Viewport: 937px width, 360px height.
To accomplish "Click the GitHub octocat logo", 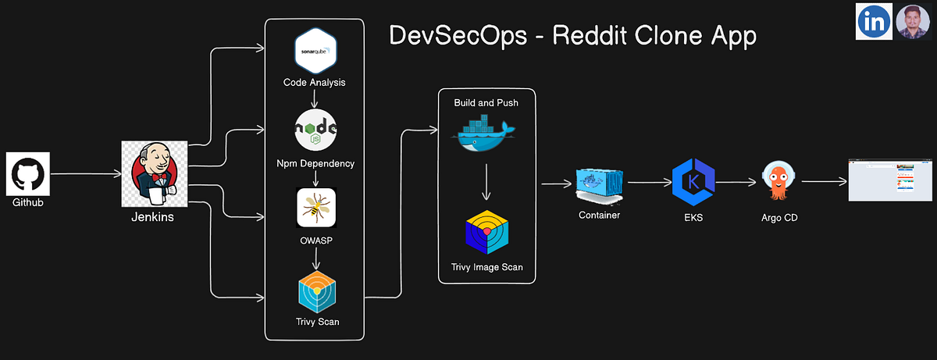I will (x=29, y=174).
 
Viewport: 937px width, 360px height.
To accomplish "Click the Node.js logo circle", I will (x=315, y=130).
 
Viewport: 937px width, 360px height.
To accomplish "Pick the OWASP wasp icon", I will (x=315, y=208).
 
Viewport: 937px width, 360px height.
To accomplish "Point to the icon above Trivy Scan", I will (x=316, y=290).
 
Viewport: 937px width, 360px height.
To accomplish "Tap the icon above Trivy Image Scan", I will (x=486, y=232).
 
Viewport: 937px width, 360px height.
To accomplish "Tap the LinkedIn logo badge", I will (x=875, y=21).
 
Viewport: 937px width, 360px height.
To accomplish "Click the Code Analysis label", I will (x=315, y=82).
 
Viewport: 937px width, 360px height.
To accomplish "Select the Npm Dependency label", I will (x=315, y=163).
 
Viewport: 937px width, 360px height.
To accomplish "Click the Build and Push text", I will (x=486, y=103).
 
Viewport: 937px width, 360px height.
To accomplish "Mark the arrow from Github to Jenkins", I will (x=86, y=174).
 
